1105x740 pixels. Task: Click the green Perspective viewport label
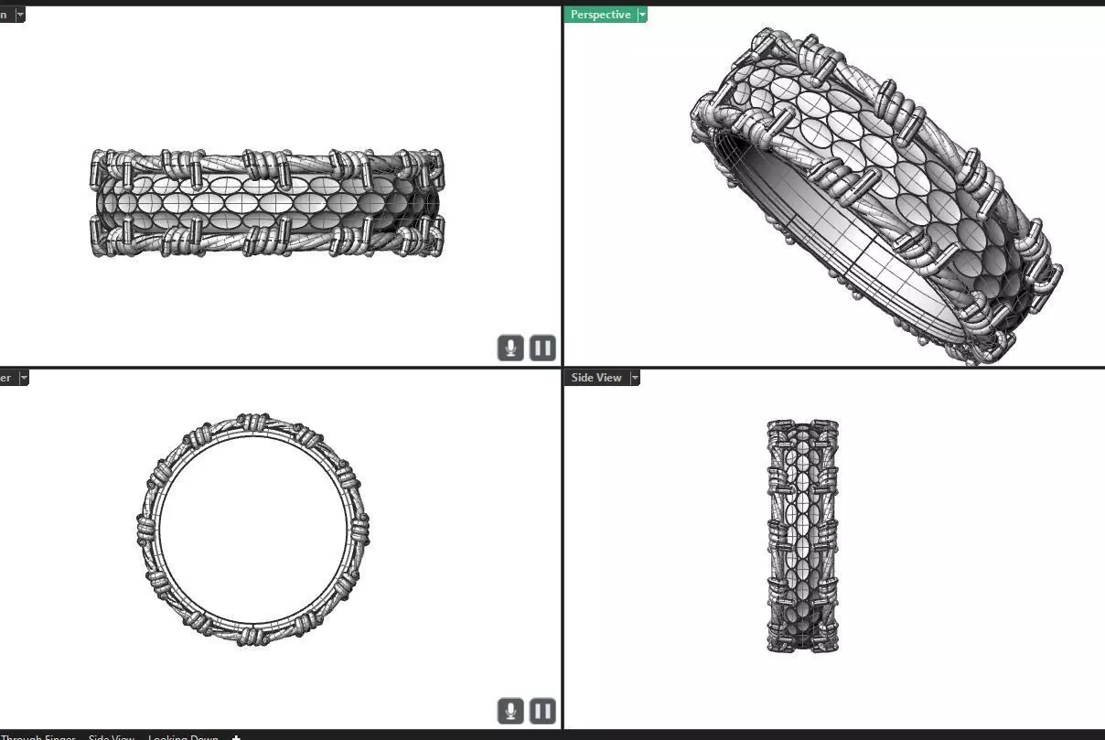(600, 15)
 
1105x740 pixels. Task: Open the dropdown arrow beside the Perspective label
(642, 15)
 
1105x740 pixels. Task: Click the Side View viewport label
(595, 378)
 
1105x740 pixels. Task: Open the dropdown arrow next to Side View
(635, 378)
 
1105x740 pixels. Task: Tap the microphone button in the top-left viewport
(510, 348)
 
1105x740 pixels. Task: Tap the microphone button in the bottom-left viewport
(510, 711)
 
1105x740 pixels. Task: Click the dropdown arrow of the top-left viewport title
(20, 15)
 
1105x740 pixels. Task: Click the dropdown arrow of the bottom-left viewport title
(24, 378)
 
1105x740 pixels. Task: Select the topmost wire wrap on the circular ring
(253, 422)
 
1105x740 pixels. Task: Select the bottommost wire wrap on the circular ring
(253, 636)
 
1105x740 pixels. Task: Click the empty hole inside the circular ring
(253, 531)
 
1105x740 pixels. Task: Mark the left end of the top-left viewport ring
(94, 203)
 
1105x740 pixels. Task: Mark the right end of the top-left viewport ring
(441, 203)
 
